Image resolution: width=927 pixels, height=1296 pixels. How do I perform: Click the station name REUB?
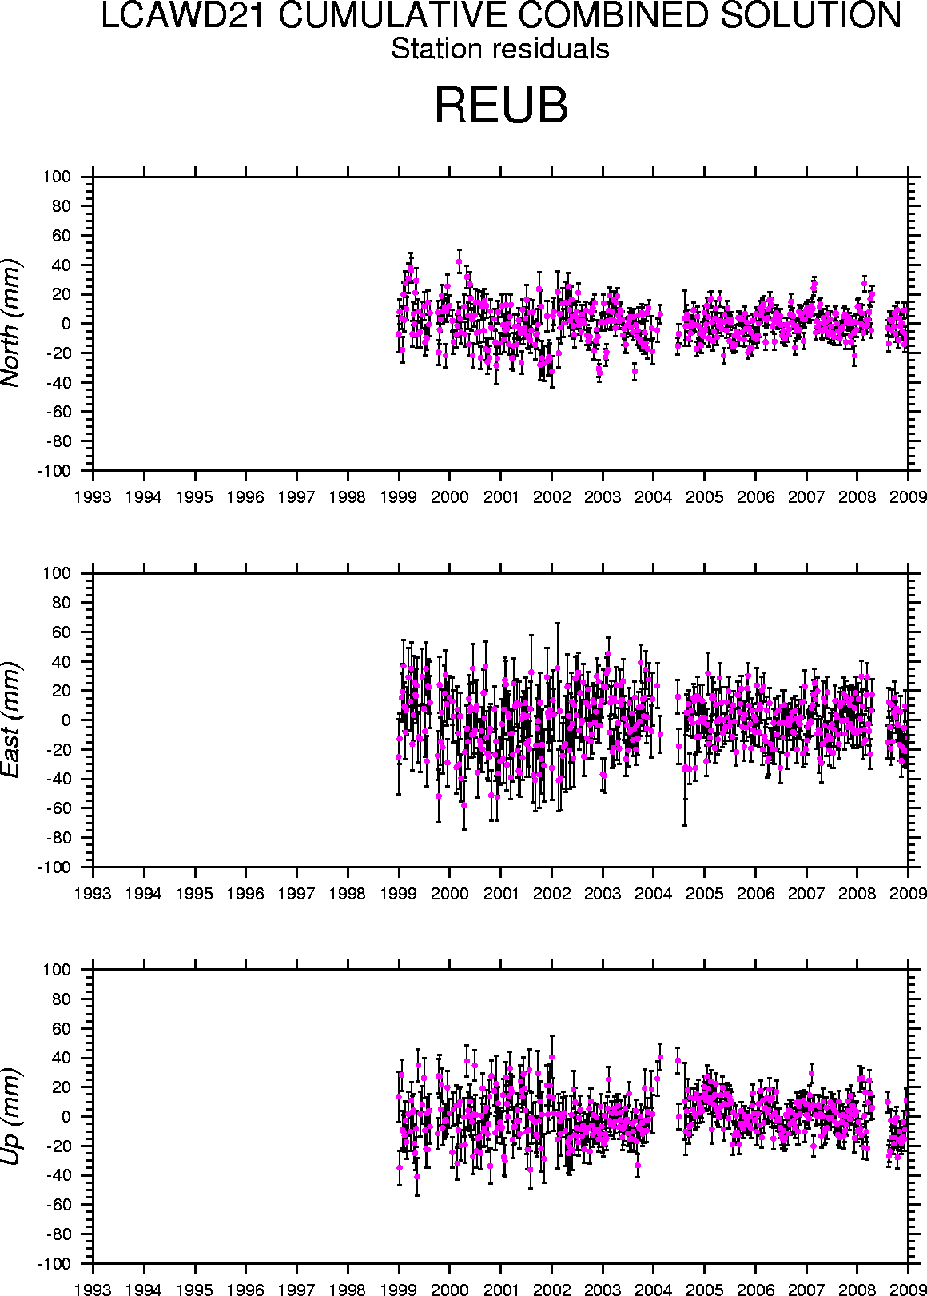click(501, 105)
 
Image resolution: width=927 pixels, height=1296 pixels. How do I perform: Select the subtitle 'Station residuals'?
click(500, 50)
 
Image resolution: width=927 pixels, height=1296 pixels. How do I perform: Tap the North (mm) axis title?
click(12, 323)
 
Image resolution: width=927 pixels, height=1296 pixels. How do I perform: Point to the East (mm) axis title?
click(12, 720)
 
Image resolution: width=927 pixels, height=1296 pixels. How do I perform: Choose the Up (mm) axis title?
click(12, 1115)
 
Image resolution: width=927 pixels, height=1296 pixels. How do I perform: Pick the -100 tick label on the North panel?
click(54, 471)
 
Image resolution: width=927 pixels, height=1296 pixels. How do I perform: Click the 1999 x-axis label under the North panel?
click(399, 497)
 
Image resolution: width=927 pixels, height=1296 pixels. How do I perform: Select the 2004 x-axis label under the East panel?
click(654, 894)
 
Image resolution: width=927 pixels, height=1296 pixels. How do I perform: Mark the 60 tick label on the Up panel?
click(63, 1028)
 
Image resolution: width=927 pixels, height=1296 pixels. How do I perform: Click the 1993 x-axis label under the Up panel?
click(93, 1290)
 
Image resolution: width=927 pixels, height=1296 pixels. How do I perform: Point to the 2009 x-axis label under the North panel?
click(908, 497)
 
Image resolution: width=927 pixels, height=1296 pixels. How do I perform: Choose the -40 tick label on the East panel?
click(58, 780)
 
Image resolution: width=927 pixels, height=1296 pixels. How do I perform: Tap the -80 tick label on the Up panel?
click(58, 1234)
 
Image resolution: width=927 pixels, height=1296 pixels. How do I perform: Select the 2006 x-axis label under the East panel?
click(756, 894)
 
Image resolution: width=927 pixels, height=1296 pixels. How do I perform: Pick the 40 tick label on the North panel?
click(63, 265)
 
